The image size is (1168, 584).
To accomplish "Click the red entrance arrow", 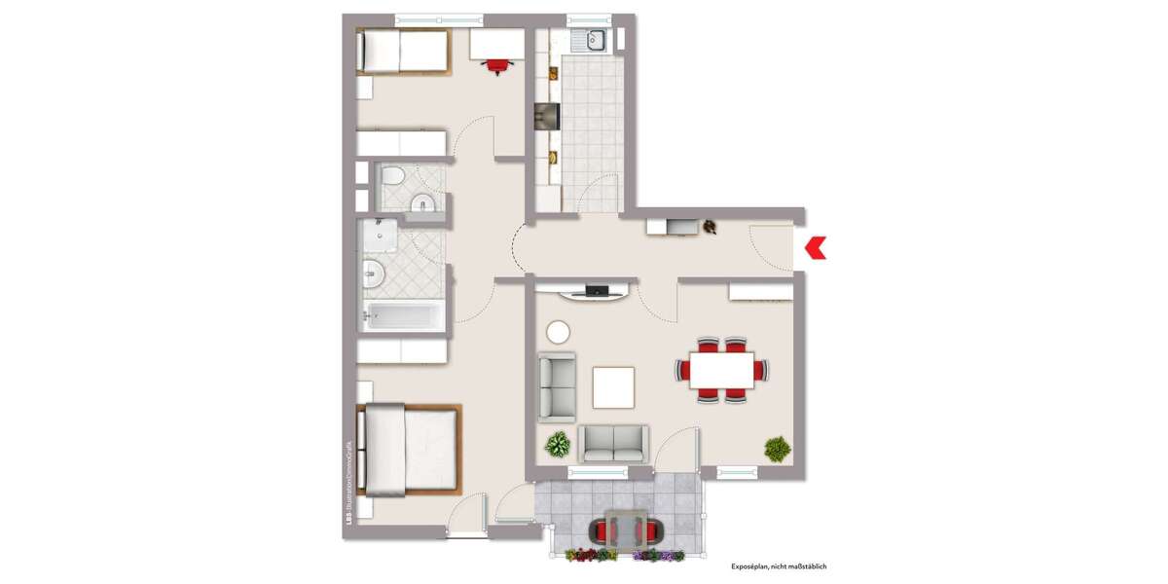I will [815, 248].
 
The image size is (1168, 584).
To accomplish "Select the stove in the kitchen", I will [547, 117].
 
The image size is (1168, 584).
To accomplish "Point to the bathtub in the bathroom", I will [402, 314].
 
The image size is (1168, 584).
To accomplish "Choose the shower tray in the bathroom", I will [378, 236].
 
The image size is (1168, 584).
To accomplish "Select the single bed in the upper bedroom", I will [403, 51].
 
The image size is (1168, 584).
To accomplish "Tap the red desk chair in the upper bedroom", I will [497, 65].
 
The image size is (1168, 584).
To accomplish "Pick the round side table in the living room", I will [559, 332].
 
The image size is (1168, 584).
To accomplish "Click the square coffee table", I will [614, 386].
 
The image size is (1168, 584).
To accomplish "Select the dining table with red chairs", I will [721, 370].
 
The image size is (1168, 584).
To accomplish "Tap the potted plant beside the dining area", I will [777, 449].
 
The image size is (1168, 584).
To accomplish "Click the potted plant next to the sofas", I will [558, 445].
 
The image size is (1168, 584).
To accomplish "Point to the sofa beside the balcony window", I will [613, 443].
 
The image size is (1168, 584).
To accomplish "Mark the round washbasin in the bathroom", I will [372, 274].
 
